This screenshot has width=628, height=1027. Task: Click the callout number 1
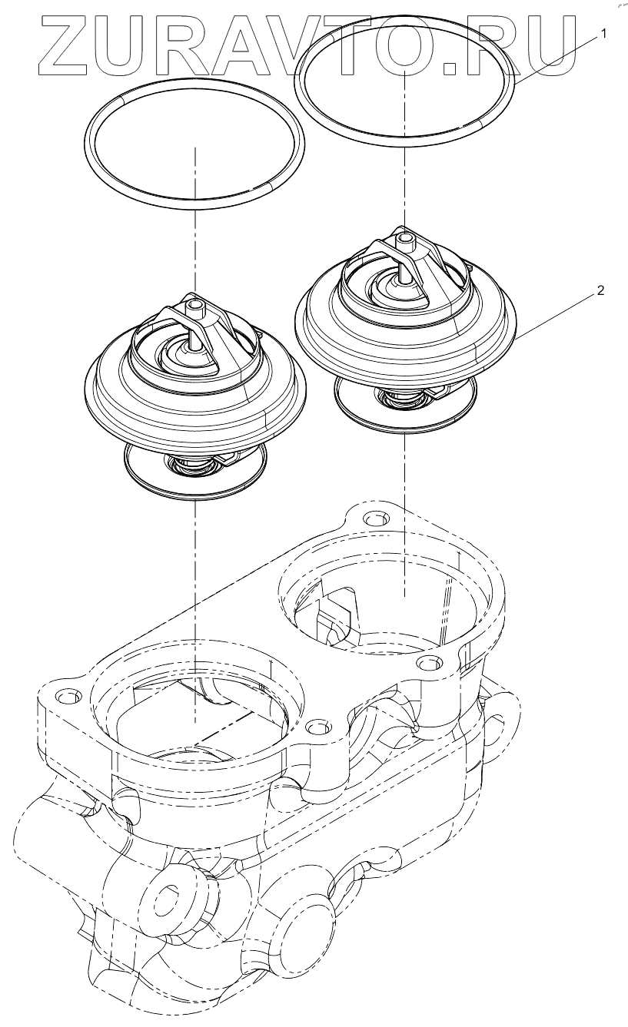click(x=604, y=34)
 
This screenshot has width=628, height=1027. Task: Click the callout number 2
click(x=600, y=291)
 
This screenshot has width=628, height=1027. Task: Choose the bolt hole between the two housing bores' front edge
click(x=314, y=726)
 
